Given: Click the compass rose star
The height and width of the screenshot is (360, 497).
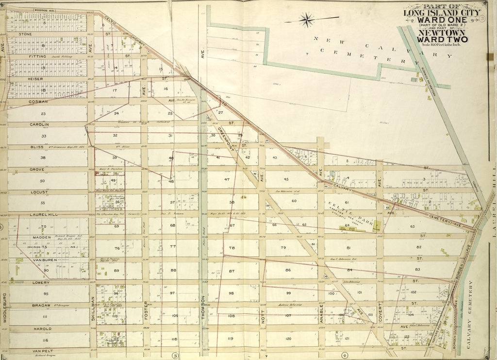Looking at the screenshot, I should [306, 20].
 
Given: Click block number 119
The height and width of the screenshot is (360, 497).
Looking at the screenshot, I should [231, 338].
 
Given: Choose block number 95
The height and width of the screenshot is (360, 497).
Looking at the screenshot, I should [46, 293].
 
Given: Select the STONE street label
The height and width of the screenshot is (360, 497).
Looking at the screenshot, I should [25, 34].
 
